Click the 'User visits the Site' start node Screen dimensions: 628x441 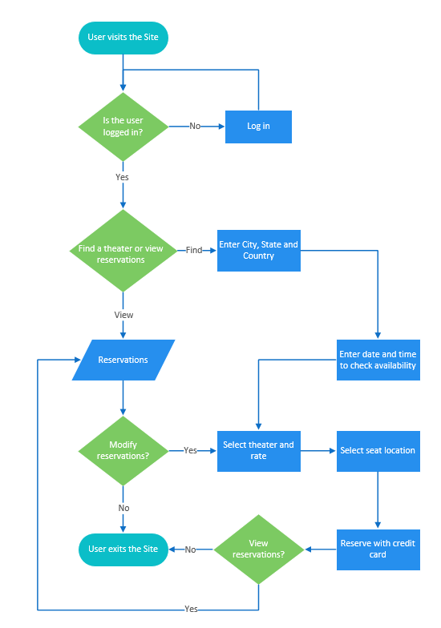[123, 38]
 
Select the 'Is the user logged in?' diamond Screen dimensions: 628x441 [123, 126]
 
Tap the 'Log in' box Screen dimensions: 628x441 [258, 127]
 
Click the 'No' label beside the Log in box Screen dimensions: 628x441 [195, 127]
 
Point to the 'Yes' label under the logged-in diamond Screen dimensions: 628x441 [123, 177]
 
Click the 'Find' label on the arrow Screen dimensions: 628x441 [194, 251]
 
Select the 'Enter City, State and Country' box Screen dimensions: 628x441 [258, 250]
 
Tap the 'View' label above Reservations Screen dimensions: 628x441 [123, 315]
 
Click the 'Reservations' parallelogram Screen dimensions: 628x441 [123, 360]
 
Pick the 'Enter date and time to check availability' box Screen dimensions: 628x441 [378, 360]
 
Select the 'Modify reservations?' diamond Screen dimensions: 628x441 [123, 450]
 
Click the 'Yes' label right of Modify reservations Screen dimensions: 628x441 [190, 451]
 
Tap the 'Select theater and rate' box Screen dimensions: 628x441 [258, 450]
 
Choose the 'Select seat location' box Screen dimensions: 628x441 [378, 450]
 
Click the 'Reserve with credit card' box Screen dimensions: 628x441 [378, 549]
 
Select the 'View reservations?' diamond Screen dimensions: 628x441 [259, 549]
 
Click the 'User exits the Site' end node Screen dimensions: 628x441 [123, 549]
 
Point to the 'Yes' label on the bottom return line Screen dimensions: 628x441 [191, 609]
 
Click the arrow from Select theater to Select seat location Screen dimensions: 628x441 [318, 451]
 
